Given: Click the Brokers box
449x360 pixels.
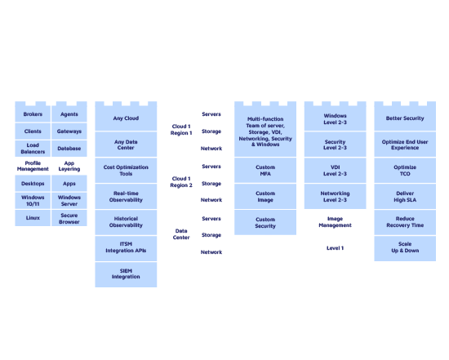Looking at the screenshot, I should [x=33, y=114].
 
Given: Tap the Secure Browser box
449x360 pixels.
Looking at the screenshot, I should [x=69, y=219].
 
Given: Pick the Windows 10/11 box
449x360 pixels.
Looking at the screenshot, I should [x=33, y=201].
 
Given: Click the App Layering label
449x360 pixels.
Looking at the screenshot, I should [x=69, y=167].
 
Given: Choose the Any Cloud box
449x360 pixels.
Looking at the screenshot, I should [x=126, y=119].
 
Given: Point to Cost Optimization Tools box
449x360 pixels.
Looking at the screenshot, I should [x=126, y=170].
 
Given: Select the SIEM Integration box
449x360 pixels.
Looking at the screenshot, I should [x=126, y=273].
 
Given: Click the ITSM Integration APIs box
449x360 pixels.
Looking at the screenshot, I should [x=126, y=247].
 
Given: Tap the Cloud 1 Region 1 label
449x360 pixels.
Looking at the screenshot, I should [x=181, y=130].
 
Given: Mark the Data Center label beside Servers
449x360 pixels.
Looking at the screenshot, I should [x=181, y=234].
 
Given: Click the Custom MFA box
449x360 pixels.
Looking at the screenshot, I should [x=265, y=170].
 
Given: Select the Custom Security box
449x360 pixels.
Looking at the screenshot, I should [x=265, y=223].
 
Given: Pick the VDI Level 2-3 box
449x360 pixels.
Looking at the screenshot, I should [x=335, y=171].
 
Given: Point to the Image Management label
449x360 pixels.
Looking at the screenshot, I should [x=335, y=222].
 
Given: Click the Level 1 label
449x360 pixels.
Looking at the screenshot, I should [x=335, y=247].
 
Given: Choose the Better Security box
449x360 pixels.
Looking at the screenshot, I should [x=405, y=119].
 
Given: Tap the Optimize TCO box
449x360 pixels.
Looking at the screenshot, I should [x=405, y=171].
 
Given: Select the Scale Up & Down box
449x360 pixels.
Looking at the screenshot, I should [x=405, y=247].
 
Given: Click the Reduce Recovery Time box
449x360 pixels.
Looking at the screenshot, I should [x=405, y=222].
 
